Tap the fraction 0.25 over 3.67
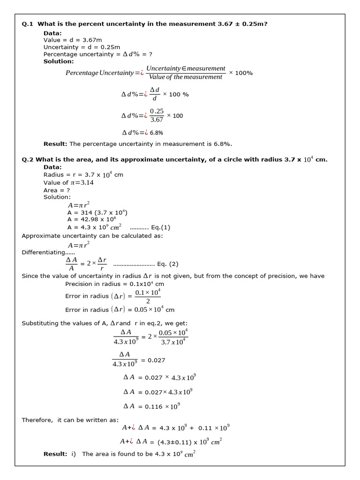pyautogui.click(x=157, y=115)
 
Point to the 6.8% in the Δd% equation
pyautogui.click(x=157, y=133)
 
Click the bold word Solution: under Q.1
pyautogui.click(x=59, y=61)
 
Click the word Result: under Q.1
pyautogui.click(x=55, y=144)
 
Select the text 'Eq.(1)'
pyautogui.click(x=161, y=227)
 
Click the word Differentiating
pyautogui.click(x=42, y=252)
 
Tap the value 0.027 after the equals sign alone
pyautogui.click(x=156, y=360)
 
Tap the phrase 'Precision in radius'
pyautogui.click(x=93, y=284)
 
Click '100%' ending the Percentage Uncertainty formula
pyautogui.click(x=244, y=73)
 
